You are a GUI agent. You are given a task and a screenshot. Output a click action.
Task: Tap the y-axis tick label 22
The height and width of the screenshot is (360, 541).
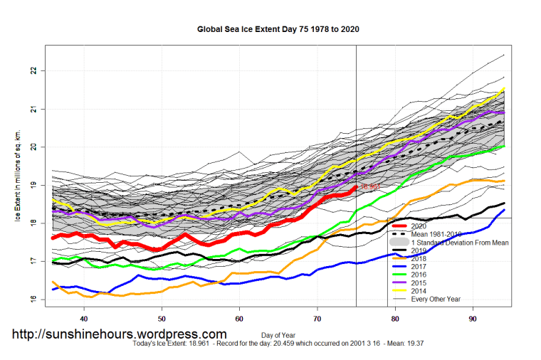(x=33, y=71)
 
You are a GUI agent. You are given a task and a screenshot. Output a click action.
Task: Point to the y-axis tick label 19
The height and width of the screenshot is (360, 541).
(x=33, y=185)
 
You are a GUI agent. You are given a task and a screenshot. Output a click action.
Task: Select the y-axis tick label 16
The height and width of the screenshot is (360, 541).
(x=33, y=299)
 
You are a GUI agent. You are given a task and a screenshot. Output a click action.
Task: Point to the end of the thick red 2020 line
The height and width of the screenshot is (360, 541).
(x=355, y=186)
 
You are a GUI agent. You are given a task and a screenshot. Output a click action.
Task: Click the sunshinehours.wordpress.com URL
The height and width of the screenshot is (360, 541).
(x=120, y=334)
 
